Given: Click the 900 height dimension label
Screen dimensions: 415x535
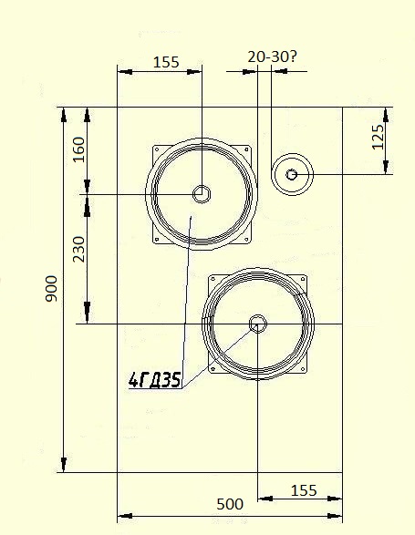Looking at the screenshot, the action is point(51,289).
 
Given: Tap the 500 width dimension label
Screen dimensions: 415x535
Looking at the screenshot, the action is point(230,504).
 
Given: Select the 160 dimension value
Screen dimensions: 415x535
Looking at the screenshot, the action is point(78,149).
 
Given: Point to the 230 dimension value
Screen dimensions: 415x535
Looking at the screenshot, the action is point(78,249).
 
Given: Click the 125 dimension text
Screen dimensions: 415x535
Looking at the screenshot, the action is point(378,137).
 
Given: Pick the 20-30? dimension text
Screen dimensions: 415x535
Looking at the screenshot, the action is point(272,57).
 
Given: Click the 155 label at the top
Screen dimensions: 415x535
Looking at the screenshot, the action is point(166,63).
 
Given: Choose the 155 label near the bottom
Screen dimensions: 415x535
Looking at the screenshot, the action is point(304,491).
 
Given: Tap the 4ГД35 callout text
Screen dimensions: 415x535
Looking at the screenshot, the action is point(155,380).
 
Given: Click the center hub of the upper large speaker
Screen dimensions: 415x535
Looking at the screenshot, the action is point(202,194).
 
